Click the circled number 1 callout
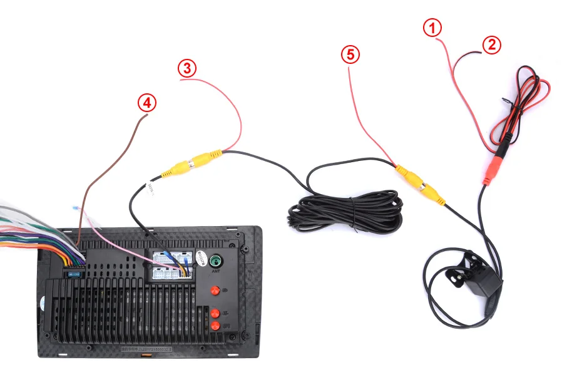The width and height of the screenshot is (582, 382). click(432, 28)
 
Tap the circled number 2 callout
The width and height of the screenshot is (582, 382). click(492, 44)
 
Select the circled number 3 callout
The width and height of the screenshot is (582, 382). click(187, 68)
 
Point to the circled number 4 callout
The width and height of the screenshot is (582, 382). click(147, 103)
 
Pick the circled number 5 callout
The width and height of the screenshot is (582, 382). click(350, 54)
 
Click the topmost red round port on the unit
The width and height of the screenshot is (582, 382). click(215, 291)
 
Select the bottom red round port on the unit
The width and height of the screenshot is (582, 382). click(215, 326)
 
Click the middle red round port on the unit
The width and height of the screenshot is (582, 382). click(215, 313)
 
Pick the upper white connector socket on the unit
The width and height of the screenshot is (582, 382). click(170, 257)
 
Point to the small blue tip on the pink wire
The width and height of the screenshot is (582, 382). click(76, 209)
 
